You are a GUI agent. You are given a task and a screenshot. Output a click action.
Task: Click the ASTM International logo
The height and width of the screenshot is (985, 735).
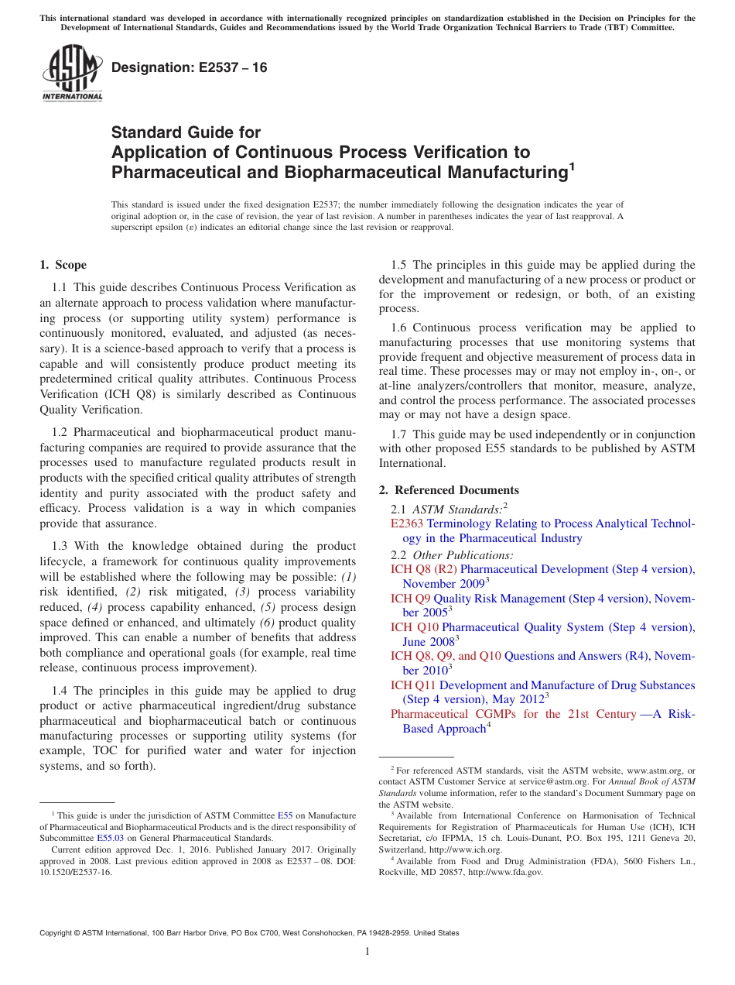coord(71,74)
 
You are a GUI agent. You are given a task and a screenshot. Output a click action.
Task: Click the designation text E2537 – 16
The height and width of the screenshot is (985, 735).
coord(190,68)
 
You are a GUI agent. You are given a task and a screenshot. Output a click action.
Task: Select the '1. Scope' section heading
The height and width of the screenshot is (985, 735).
coord(63,265)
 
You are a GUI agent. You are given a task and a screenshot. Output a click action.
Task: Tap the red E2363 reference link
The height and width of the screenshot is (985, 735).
coord(407,524)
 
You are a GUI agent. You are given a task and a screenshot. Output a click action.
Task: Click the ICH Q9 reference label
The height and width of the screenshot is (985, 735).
coord(409,599)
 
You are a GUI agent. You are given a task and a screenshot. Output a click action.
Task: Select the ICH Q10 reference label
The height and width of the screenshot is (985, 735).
coord(414,627)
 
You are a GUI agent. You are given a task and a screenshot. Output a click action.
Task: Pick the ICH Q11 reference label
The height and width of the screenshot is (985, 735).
coord(413,685)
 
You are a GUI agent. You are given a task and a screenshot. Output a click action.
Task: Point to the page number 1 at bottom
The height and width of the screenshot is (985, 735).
coord(367,951)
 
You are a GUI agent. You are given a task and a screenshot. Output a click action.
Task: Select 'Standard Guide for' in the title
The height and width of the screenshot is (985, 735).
coord(186,132)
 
